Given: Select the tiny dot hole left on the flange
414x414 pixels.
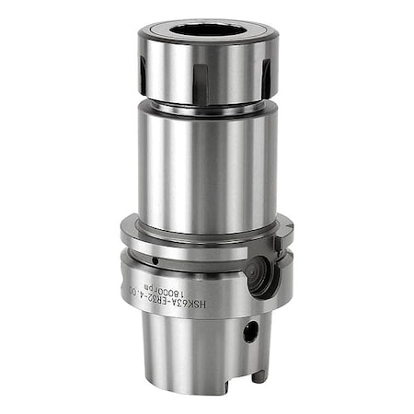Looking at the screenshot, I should pyautogui.click(x=155, y=261).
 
